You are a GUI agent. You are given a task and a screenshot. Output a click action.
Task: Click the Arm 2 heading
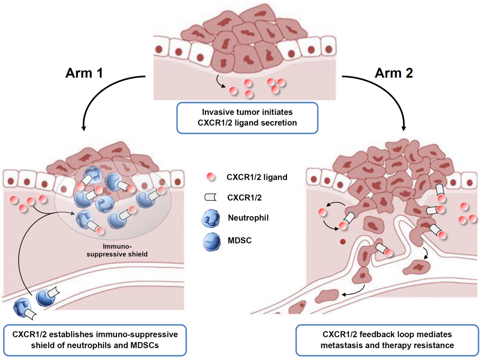tap(394, 73)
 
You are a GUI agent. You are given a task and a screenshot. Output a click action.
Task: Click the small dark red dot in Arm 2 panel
tap(343, 242)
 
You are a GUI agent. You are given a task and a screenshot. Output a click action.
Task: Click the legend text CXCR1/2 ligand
tap(257, 177)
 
